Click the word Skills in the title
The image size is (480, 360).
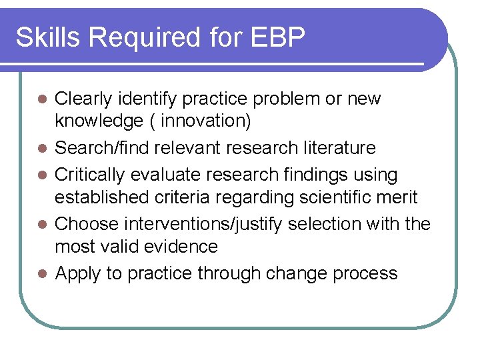click(48, 38)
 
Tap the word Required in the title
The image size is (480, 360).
click(143, 38)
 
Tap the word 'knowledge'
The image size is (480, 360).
click(99, 121)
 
